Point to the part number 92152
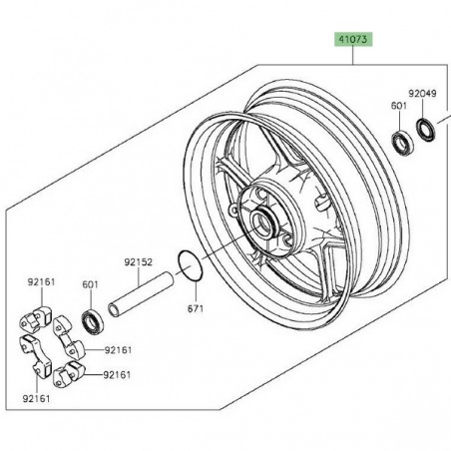point(137,263)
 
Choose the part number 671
point(197,308)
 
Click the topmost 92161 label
point(40,283)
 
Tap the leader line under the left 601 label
point(91,299)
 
